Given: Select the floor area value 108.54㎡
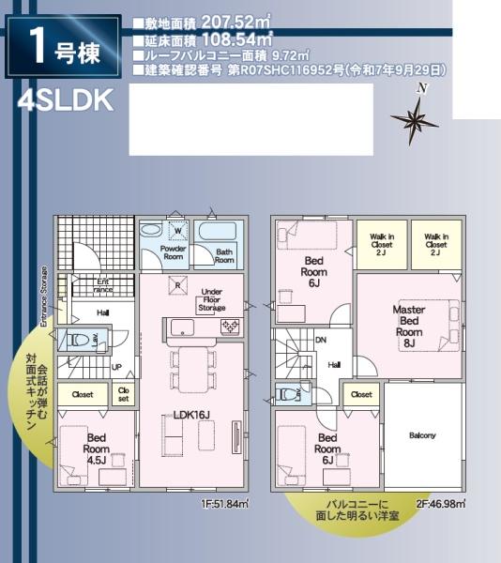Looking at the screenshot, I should tap(234, 40).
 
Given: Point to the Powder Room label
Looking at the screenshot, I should tap(173, 251).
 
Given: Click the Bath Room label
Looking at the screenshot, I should tap(223, 254).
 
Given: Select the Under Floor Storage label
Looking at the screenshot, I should tap(212, 299).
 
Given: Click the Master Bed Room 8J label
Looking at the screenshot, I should tap(408, 326).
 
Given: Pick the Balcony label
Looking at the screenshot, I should tap(422, 435).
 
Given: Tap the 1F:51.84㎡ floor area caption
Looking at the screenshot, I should tap(224, 504).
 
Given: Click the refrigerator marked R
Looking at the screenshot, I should tap(175, 285).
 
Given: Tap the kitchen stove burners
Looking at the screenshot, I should tap(229, 326).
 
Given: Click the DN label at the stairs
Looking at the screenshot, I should tap(321, 341).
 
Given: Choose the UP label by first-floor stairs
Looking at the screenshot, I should tap(116, 367).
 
